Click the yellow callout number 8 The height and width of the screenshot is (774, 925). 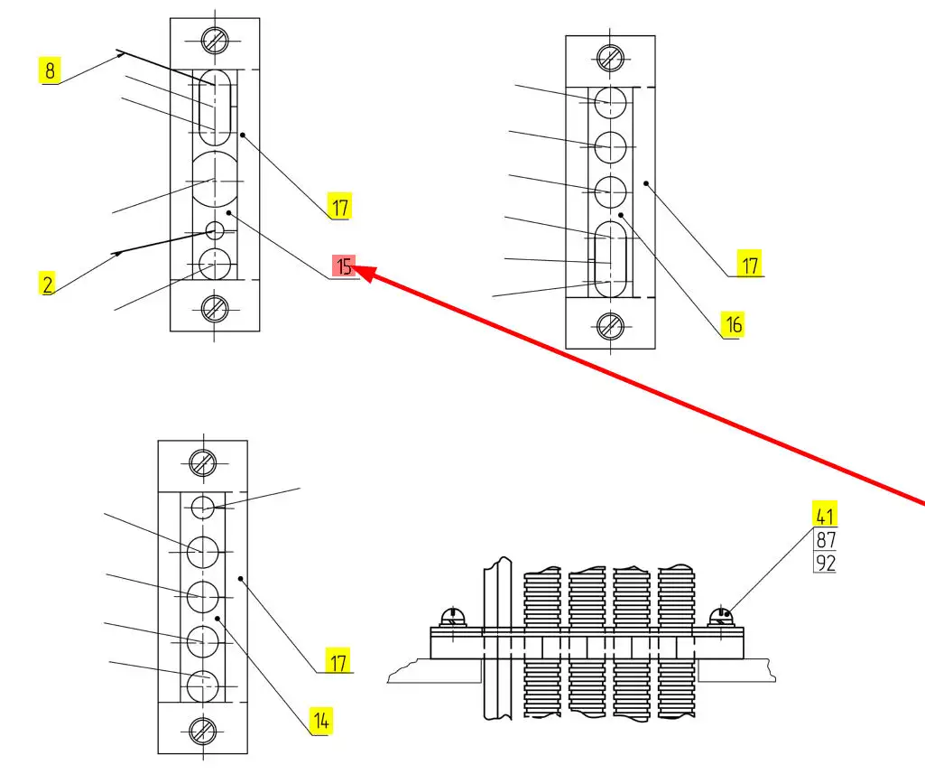tap(49, 70)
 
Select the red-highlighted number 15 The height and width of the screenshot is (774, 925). tap(344, 266)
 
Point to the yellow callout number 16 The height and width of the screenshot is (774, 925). tap(734, 323)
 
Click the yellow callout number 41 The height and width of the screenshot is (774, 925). tap(823, 516)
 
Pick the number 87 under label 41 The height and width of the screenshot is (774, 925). tap(825, 540)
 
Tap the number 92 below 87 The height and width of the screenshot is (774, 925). tap(825, 564)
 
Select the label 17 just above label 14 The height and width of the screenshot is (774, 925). tap(338, 662)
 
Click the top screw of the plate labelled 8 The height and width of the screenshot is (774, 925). tap(215, 40)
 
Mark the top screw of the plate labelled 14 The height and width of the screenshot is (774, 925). tap(203, 463)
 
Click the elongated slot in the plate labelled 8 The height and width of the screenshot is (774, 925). tap(215, 107)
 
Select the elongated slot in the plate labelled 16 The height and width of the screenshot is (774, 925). tap(611, 257)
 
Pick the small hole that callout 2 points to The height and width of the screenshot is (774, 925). tap(215, 229)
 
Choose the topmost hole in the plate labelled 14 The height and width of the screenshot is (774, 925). tap(203, 507)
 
